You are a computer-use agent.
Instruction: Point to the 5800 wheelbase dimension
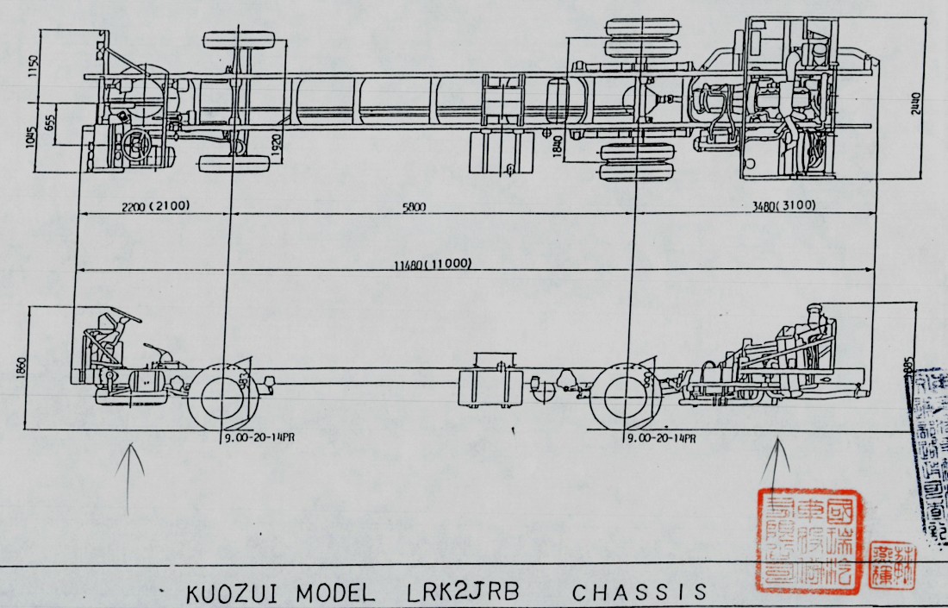pos(415,207)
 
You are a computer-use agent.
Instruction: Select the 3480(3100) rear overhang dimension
pos(783,206)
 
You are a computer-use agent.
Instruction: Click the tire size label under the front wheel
pos(258,438)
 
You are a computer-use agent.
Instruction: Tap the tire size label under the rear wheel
pos(660,438)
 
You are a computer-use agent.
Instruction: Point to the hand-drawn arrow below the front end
pos(130,479)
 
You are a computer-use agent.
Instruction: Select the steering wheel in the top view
pos(137,144)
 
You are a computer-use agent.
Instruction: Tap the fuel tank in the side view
pos(486,382)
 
